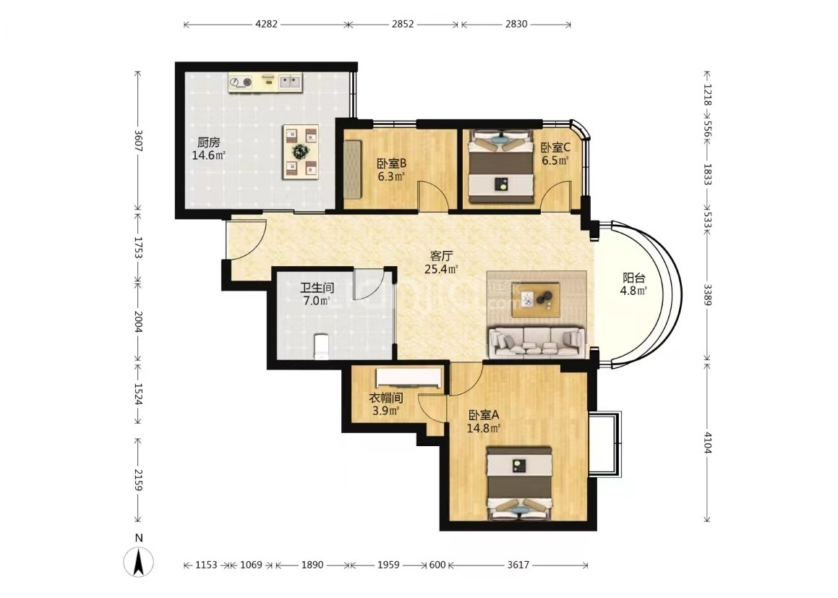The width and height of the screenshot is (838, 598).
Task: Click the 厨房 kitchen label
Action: coord(208,142)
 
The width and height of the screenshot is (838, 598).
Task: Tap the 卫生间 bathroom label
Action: coord(317,288)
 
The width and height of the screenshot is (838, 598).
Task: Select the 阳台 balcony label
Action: coord(634,278)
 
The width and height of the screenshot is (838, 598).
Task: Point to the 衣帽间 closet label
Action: coord(386,398)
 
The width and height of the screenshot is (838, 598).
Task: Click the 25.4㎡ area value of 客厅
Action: coord(441,269)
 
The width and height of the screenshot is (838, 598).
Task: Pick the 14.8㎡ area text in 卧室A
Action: coord(484,428)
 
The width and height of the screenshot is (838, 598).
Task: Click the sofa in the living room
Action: coord(537,341)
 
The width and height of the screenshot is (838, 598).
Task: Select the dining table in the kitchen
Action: coord(301,152)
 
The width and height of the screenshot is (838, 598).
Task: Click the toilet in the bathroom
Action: coord(321,346)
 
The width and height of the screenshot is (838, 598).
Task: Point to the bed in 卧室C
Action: coord(501,167)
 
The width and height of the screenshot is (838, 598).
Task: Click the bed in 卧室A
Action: coord(519,483)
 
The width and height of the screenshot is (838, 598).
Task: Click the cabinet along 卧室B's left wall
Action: coord(353,169)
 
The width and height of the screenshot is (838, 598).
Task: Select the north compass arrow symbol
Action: coord(139,562)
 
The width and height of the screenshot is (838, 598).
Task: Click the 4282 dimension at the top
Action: coord(266,24)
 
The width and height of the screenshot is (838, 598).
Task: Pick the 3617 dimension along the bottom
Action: coord(518,565)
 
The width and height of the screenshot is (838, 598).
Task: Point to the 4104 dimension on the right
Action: coord(707,443)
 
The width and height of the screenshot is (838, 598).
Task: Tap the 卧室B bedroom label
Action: coord(391,163)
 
